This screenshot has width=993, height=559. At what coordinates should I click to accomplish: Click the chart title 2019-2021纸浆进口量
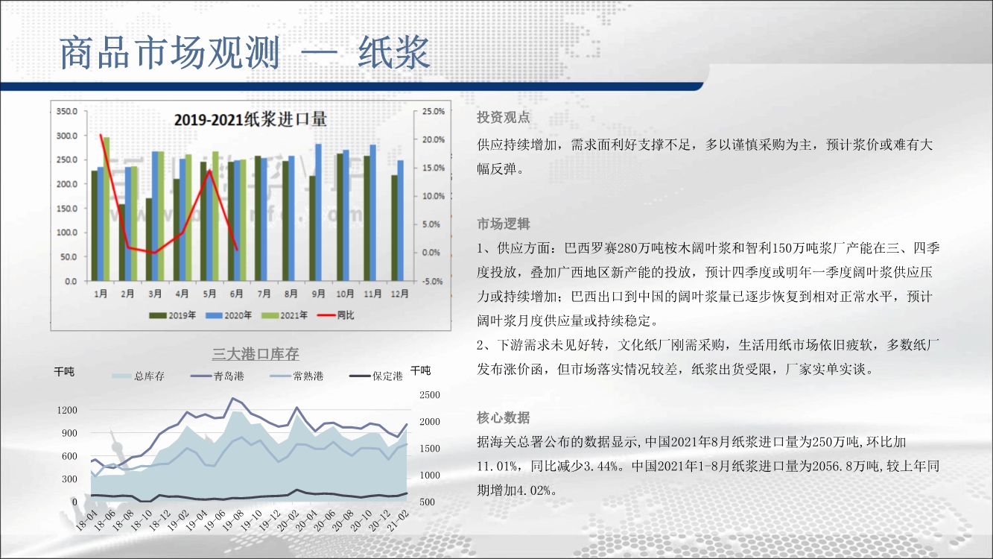click(x=250, y=119)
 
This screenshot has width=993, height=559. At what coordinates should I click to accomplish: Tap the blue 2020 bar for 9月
click(x=318, y=212)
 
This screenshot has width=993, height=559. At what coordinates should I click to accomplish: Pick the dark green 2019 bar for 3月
click(x=149, y=239)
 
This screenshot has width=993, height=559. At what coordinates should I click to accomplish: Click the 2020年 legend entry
click(x=229, y=315)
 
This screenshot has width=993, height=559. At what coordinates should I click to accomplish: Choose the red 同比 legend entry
click(x=335, y=315)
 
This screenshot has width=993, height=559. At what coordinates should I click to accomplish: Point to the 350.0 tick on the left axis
click(x=67, y=111)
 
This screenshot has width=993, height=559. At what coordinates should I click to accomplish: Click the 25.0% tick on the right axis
click(x=433, y=111)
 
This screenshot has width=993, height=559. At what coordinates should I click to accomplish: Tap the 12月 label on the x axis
click(x=399, y=294)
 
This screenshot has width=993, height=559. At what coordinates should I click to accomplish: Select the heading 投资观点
click(x=503, y=117)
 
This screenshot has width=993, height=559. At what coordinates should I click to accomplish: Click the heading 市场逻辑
click(x=503, y=224)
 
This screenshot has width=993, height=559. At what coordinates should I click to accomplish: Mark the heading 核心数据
click(x=503, y=417)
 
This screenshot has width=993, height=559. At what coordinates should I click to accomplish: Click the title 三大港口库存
click(x=256, y=354)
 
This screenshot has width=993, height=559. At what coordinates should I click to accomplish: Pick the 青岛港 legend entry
click(x=218, y=376)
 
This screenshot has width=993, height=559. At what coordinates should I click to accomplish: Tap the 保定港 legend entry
click(x=376, y=376)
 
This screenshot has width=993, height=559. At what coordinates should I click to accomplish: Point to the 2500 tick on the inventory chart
click(x=430, y=395)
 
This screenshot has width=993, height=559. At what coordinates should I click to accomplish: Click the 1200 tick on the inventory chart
click(x=67, y=411)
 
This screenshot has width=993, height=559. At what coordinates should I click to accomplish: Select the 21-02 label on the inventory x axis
click(x=398, y=521)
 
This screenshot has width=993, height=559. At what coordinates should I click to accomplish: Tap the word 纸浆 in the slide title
click(x=394, y=53)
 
